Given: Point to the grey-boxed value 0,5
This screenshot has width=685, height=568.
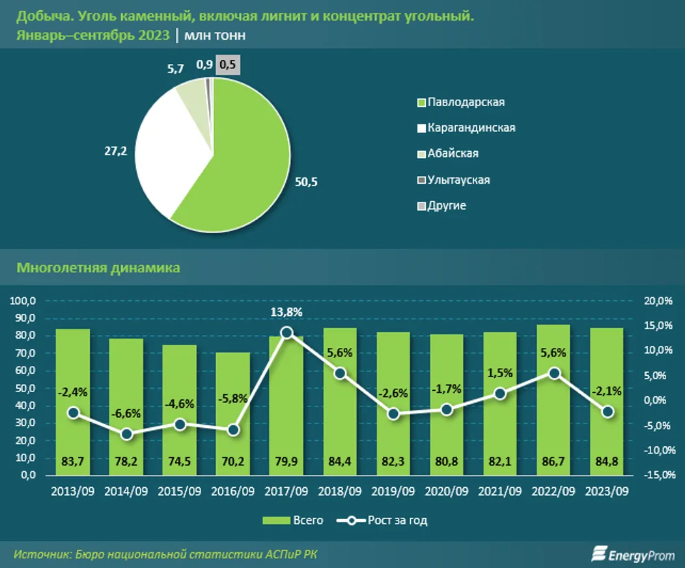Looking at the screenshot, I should click(x=229, y=64).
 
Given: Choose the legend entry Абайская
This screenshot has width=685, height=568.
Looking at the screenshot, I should click(x=453, y=154).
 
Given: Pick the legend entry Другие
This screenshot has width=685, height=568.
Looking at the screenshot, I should click(x=447, y=206).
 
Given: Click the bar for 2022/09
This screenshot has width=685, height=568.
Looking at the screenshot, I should click(x=554, y=404).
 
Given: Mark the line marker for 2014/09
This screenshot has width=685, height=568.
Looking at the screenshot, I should click(x=126, y=434).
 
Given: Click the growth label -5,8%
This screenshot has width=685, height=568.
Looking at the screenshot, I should click(x=233, y=414).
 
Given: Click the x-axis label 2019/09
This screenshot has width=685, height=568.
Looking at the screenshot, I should click(x=393, y=490).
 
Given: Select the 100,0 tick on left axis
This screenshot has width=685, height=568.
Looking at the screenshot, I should click(x=24, y=301).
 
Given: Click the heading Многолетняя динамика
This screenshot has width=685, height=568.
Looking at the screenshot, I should click(x=98, y=268).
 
